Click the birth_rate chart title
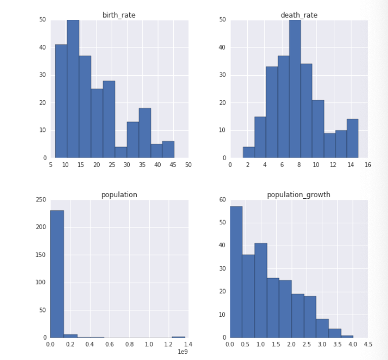coord(118,15)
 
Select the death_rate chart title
coord(299,15)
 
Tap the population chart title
coord(119,195)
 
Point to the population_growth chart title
coord(298,195)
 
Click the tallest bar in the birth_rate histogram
coord(73,89)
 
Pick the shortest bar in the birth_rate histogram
coord(121,152)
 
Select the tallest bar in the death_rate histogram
coord(295,89)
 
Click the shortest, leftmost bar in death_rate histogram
coord(249,152)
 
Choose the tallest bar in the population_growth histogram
coord(236,272)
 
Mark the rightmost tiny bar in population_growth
coord(347,337)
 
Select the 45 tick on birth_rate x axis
coord(173,165)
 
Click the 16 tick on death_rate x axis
coord(368,165)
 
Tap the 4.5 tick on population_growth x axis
coord(368,345)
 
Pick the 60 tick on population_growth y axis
coord(222,200)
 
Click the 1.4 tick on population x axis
coord(188,345)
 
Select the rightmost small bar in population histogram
coord(178,337)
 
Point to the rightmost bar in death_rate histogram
coord(353,138)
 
